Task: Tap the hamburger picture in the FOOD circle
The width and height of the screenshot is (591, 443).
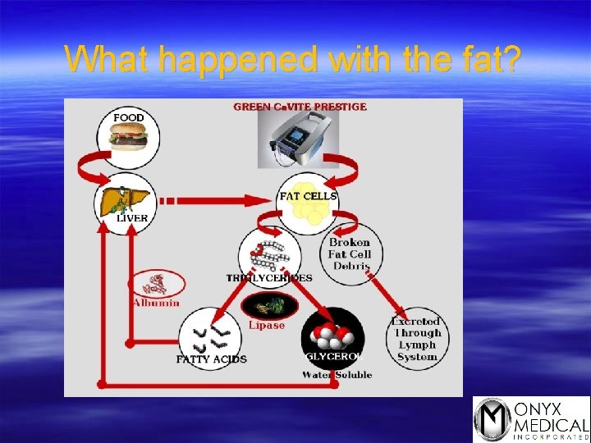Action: point(129,135)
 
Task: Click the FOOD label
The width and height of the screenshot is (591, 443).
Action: point(129,118)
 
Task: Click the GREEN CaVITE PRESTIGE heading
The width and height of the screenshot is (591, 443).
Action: point(300,107)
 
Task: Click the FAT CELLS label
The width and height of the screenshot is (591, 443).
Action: point(308,196)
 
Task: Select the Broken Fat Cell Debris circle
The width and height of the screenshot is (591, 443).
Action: point(350,254)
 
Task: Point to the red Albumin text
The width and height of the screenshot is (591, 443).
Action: point(156,303)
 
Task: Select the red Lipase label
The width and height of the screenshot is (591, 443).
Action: point(267,326)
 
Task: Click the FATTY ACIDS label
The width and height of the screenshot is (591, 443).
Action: point(211,359)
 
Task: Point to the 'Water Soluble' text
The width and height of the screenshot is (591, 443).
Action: point(337,375)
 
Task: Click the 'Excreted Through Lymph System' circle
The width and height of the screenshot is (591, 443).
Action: point(417,339)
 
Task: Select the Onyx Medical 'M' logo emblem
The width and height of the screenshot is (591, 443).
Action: point(492,418)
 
